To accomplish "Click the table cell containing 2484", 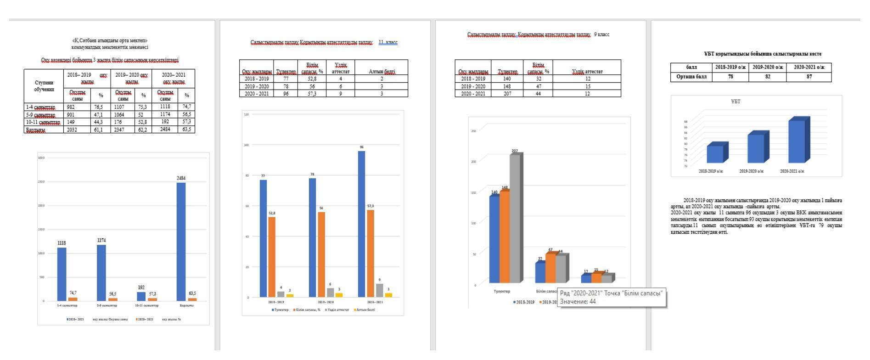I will point(165,129).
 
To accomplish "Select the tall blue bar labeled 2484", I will point(181,241).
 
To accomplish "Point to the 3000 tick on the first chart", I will point(41,158).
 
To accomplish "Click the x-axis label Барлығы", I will point(186,305).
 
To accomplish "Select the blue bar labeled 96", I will point(362,224).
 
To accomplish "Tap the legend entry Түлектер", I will point(280,310).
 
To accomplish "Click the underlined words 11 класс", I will point(388,42).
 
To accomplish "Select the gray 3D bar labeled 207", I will point(515,218).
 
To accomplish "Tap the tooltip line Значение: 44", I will point(578,302).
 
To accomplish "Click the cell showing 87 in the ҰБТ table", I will point(809,77).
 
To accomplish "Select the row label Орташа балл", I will point(691,77).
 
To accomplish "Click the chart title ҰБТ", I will point(735,101).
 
